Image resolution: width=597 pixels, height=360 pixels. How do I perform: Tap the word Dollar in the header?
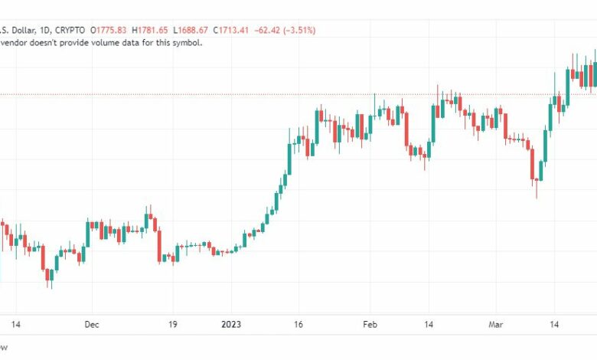[18, 31]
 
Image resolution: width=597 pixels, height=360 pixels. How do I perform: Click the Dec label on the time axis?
[92, 325]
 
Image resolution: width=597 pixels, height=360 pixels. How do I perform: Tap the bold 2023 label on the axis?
[231, 325]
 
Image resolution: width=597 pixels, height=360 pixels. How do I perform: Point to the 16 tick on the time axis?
[299, 325]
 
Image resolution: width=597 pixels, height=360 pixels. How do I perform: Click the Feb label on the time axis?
[370, 325]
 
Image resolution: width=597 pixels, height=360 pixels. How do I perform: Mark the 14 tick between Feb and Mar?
[429, 325]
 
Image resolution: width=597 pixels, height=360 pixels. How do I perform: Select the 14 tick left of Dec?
[15, 325]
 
